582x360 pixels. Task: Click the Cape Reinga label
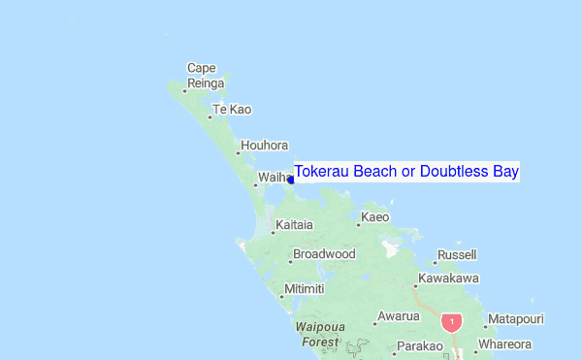[202, 75]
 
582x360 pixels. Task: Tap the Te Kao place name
[231, 109]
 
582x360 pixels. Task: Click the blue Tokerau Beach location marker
[291, 180]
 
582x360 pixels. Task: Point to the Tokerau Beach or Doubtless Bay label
[406, 172]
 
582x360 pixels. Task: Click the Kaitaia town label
[294, 225]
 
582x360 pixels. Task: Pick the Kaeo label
[374, 217]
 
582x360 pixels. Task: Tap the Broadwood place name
[324, 254]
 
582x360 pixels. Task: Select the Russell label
[457, 254]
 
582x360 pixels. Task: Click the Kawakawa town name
[447, 278]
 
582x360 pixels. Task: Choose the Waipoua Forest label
[319, 335]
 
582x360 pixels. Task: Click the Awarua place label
[399, 316]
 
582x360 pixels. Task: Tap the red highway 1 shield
[451, 321]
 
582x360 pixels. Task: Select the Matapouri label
[515, 318]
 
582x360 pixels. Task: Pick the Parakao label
[419, 346]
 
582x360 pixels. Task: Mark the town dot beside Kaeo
[358, 225]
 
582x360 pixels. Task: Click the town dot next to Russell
[435, 262]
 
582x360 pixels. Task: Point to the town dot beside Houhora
[239, 152]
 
